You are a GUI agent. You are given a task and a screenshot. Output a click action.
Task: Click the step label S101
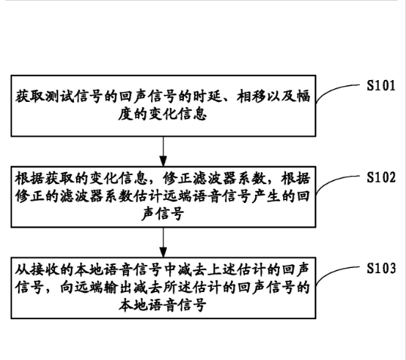click(x=381, y=85)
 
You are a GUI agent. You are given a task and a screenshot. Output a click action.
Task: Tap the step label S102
click(x=381, y=177)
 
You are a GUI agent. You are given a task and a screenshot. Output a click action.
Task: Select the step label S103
click(x=381, y=268)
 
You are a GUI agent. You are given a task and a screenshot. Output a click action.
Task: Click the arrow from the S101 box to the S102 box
click(x=163, y=152)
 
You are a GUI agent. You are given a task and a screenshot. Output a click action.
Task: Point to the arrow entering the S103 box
click(x=163, y=242)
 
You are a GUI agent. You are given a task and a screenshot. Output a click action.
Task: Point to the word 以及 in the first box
click(x=281, y=97)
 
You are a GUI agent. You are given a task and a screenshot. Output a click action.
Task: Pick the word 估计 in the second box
click(x=149, y=196)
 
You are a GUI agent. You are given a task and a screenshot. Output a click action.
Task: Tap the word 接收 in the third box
click(x=45, y=269)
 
